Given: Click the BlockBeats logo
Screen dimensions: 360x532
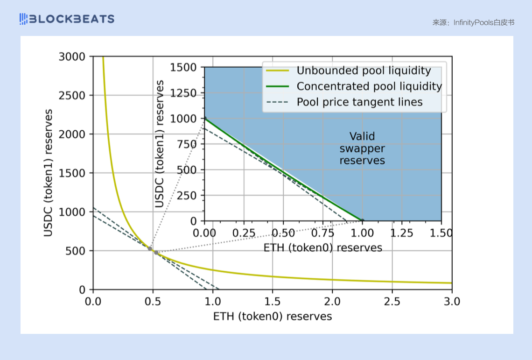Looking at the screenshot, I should click(x=67, y=19).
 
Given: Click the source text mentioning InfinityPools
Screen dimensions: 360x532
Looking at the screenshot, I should click(x=473, y=22).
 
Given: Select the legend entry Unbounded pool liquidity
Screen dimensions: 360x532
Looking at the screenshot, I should click(x=364, y=71).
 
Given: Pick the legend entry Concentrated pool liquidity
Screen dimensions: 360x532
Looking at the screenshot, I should click(x=369, y=86).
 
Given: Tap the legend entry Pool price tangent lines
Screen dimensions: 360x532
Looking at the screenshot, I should click(x=359, y=102).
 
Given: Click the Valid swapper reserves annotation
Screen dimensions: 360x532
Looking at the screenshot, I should click(x=362, y=148).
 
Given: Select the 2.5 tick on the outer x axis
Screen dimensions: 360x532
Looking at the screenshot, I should click(x=392, y=302).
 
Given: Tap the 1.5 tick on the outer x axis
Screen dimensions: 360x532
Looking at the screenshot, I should click(x=273, y=302).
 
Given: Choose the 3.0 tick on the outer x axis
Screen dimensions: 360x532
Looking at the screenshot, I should click(x=451, y=302).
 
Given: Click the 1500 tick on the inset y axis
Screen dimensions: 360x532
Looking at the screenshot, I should click(x=184, y=67).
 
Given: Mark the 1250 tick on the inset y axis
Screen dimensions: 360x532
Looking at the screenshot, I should click(x=184, y=93).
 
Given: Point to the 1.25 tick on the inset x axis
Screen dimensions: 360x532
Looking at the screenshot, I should click(x=402, y=233).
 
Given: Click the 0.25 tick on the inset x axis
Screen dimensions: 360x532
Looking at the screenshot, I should click(x=244, y=233).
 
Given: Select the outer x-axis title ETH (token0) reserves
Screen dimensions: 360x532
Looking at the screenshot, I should click(x=273, y=316).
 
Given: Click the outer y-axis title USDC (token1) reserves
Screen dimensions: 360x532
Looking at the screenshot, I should click(x=48, y=173).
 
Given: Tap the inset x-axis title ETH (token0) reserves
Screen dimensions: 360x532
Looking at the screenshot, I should click(x=323, y=247).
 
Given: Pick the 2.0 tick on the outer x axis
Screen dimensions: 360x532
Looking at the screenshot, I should click(x=332, y=302).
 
